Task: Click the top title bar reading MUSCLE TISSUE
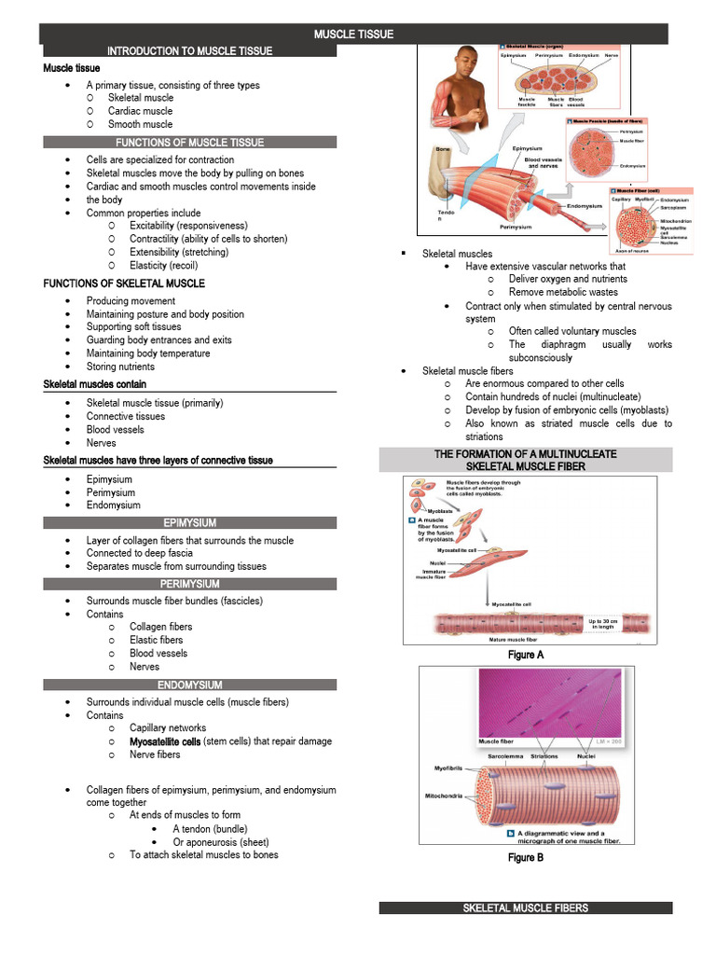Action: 353,35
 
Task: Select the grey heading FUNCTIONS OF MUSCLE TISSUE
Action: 189,143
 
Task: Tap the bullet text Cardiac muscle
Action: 140,111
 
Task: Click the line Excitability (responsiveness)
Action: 188,226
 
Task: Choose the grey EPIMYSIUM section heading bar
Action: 189,523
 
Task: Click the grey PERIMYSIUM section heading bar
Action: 189,584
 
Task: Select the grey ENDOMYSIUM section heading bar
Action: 189,685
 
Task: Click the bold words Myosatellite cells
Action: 165,741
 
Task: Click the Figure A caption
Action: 526,655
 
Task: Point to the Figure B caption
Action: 526,857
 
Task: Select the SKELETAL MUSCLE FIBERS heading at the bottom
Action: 526,907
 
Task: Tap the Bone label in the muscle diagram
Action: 443,149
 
